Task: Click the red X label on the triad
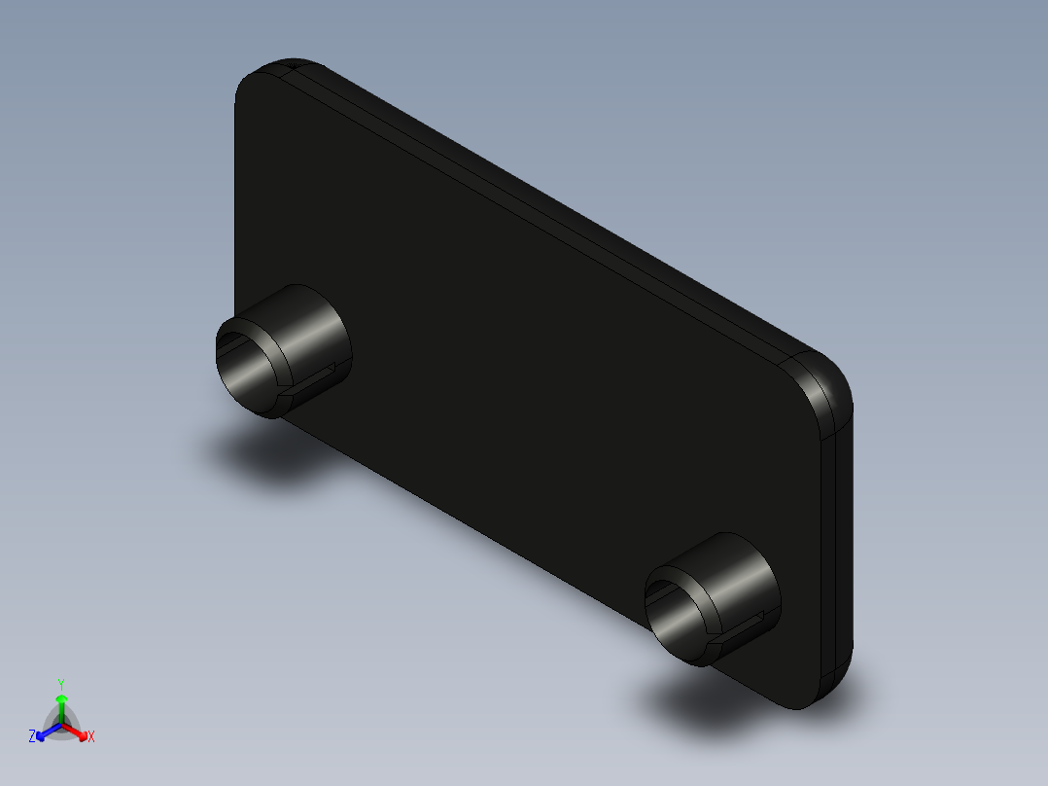click(91, 737)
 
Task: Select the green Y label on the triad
click(60, 684)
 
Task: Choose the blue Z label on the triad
click(32, 736)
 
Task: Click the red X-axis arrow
click(78, 732)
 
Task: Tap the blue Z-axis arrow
click(45, 732)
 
